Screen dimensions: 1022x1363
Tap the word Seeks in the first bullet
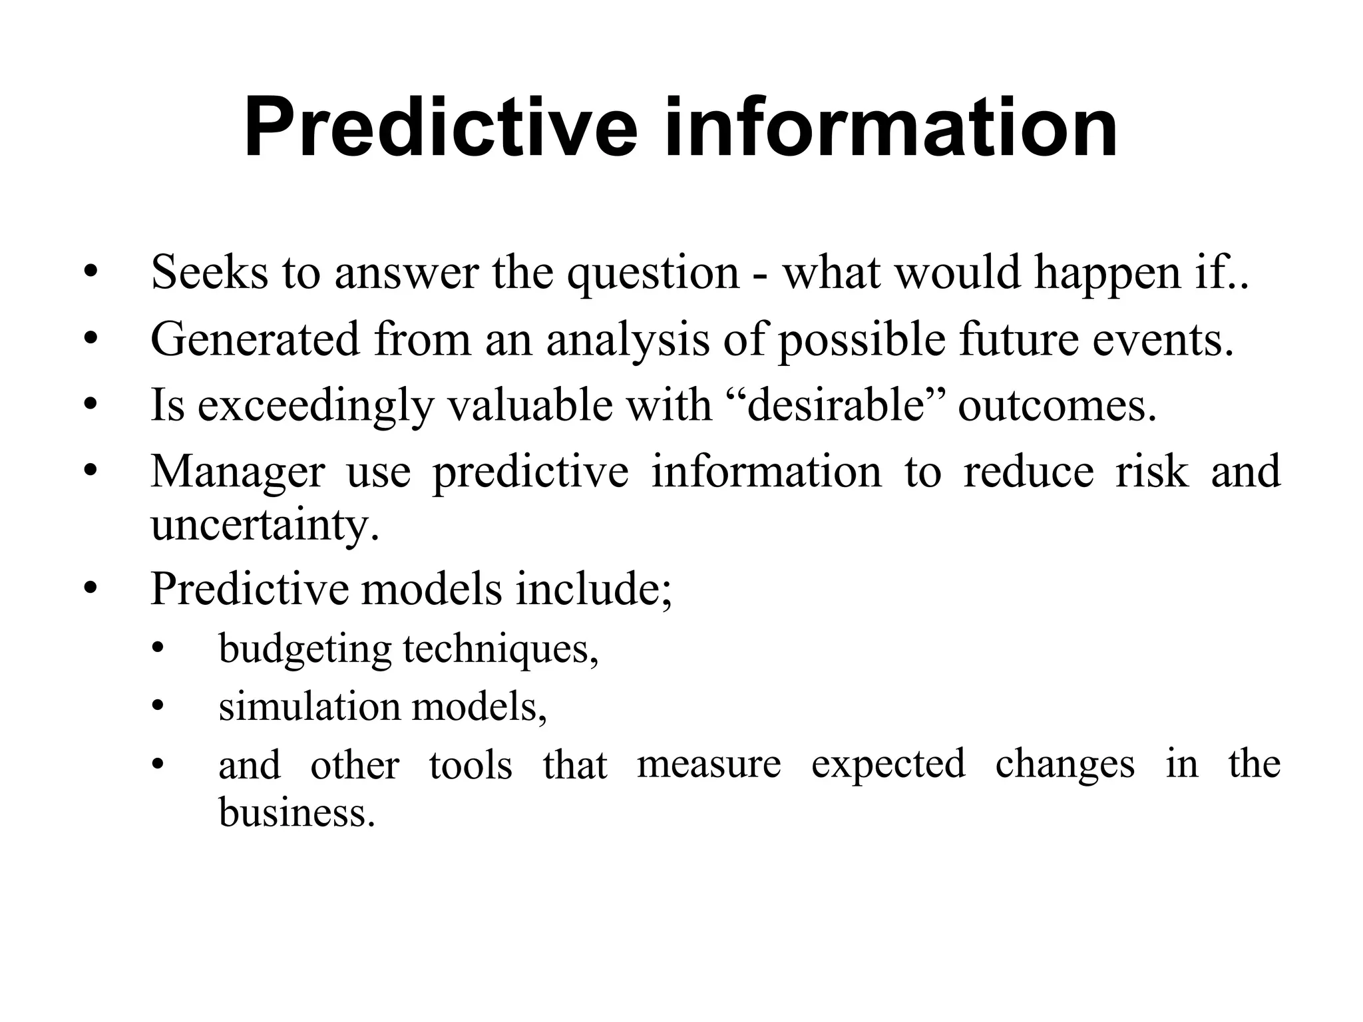point(209,273)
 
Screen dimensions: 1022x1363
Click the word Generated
point(255,339)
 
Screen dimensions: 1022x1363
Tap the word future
point(1018,339)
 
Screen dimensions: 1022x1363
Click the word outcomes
point(1057,406)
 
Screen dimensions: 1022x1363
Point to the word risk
point(1151,471)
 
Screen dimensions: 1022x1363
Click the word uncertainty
point(264,526)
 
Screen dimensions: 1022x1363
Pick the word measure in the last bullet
point(709,764)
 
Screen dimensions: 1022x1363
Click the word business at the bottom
point(296,812)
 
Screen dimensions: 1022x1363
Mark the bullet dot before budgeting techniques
point(157,649)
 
